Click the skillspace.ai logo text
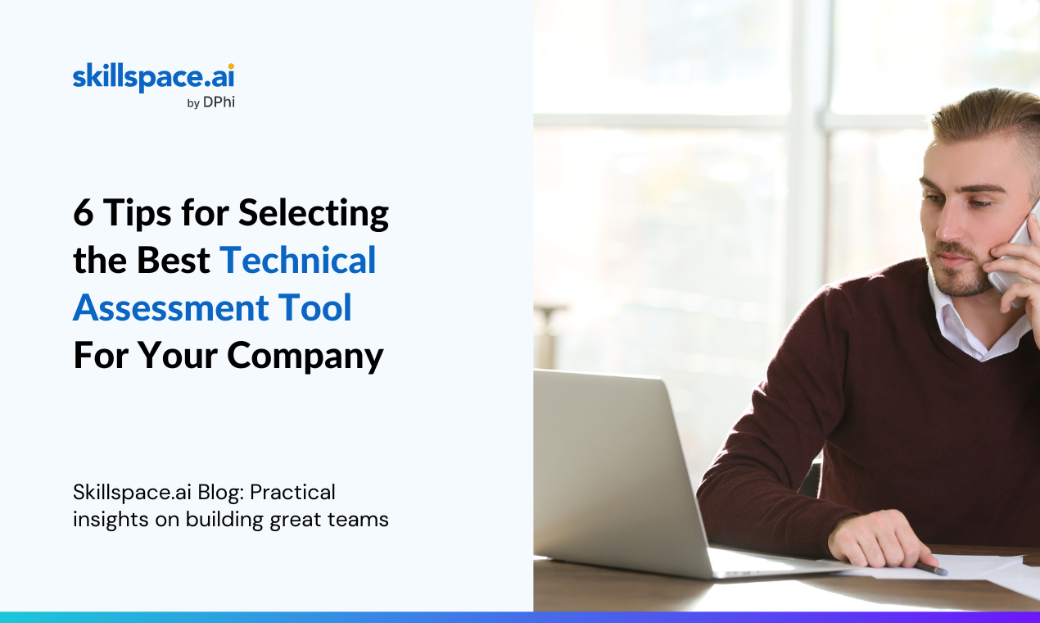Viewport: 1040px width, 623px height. pos(154,78)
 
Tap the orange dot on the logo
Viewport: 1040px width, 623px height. pos(231,66)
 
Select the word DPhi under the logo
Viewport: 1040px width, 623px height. pos(219,102)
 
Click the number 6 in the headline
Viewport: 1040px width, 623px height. pos(84,213)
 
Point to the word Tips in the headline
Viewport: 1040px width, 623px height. pos(137,214)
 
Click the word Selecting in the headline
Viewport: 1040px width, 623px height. pos(314,213)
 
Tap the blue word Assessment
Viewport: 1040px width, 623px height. pos(171,307)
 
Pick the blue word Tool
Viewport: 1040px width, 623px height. pos(314,307)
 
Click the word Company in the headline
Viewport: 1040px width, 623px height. pos(305,357)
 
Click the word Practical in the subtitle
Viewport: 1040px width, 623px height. pos(292,493)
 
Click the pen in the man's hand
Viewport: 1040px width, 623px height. pos(931,568)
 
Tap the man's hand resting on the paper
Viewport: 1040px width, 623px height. pos(878,539)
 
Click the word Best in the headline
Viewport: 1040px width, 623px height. pos(173,261)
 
